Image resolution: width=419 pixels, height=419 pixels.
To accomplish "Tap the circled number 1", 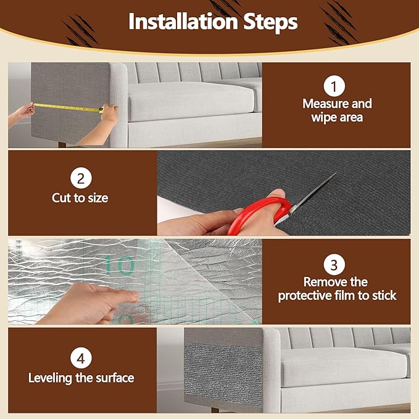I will point(333,85).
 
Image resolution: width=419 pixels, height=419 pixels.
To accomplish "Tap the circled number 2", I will point(80,180).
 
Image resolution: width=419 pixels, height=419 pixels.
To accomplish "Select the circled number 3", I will point(333,265).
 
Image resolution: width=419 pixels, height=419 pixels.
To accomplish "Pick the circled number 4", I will point(80,359).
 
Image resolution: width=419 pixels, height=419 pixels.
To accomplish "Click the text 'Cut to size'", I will point(80,199).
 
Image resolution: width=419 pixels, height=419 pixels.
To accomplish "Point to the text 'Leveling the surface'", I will point(81,377).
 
